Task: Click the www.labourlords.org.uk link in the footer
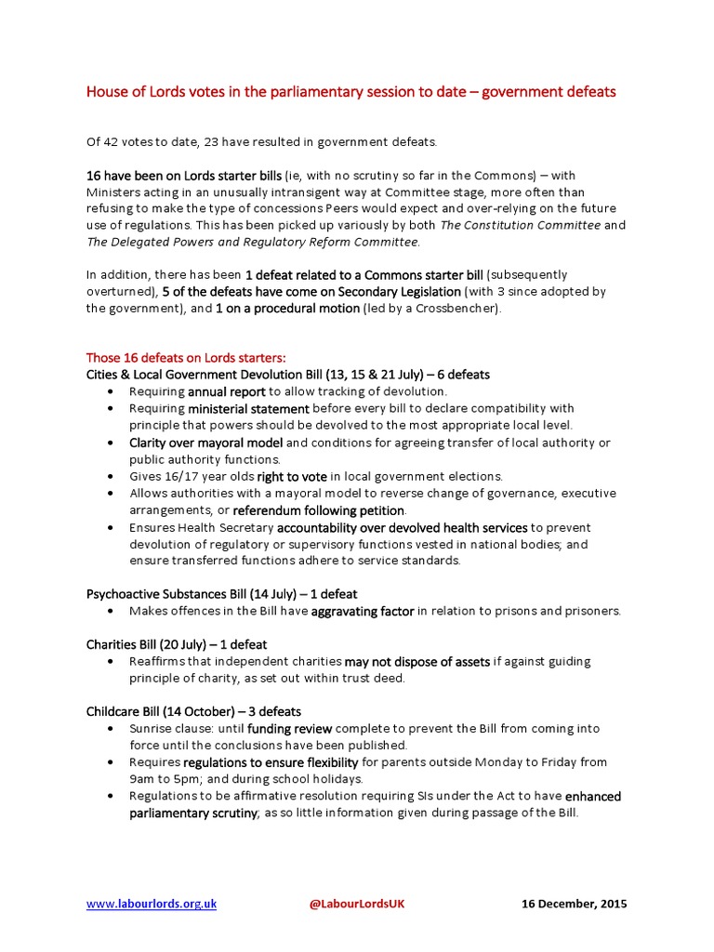tap(151, 904)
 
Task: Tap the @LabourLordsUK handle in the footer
tap(357, 904)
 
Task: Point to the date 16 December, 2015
tap(574, 904)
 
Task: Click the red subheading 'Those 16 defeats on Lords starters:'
tap(187, 357)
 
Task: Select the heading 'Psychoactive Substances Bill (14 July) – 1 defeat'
tap(221, 593)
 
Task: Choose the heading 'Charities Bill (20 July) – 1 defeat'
tap(177, 644)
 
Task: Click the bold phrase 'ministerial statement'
tap(248, 408)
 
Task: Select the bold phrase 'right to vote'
tap(292, 476)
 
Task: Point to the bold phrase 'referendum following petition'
tap(318, 510)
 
